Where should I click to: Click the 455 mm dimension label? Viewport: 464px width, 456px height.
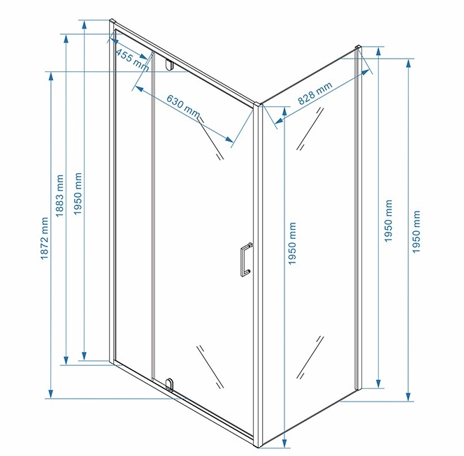tap(132, 60)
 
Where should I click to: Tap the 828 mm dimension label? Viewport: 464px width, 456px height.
tap(315, 93)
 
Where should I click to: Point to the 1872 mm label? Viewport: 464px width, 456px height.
tap(44, 238)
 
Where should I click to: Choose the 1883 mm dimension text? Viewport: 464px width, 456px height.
tap(59, 196)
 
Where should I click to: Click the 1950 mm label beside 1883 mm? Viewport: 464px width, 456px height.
tap(78, 193)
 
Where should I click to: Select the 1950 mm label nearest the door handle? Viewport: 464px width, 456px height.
tap(292, 244)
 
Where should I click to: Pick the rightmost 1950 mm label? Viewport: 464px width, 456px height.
tap(416, 232)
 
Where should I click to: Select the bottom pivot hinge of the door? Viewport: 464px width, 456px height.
tap(170, 385)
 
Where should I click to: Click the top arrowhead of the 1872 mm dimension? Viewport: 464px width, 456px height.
tap(51, 76)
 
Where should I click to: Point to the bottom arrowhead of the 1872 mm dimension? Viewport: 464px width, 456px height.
tap(51, 394)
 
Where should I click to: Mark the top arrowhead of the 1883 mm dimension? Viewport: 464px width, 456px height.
tap(66, 38)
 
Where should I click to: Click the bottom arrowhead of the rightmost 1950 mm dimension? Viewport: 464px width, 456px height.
tap(408, 397)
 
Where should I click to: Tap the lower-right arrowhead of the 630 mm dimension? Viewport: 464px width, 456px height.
tap(229, 139)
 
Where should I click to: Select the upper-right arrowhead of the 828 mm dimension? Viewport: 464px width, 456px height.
tap(365, 72)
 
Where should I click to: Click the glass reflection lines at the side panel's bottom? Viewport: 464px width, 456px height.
tap(310, 358)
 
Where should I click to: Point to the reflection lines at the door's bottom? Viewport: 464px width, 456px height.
tap(210, 367)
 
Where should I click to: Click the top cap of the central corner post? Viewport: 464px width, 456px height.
tap(259, 105)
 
